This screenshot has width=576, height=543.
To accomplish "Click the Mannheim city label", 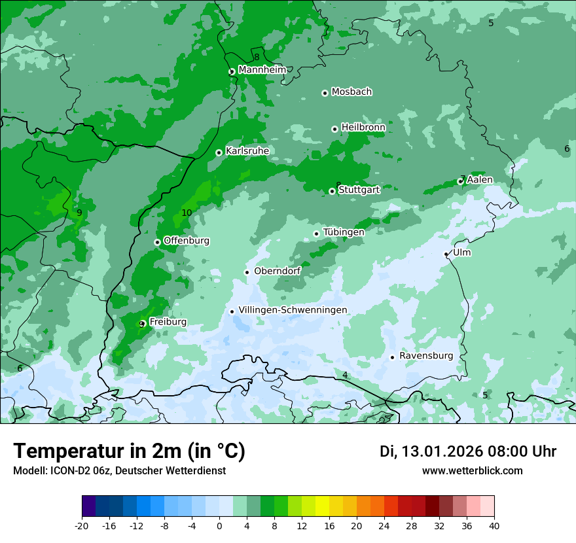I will point(262,70).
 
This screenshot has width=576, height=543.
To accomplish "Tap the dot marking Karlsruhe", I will point(219,153).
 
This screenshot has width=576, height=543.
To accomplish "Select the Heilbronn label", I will point(363,127).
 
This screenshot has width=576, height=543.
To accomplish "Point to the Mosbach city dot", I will point(325,93).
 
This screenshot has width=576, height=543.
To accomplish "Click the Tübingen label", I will point(344,232).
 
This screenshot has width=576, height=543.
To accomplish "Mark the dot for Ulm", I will point(446,254).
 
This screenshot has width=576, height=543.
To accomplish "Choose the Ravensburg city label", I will point(426,356).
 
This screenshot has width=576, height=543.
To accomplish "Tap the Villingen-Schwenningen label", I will point(293,310).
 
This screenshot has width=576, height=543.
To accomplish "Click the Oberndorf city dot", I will point(247,272).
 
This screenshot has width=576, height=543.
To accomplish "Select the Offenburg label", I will point(187,241).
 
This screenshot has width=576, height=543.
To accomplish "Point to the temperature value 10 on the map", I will point(187,213).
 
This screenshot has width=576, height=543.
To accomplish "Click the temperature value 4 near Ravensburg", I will point(345,375).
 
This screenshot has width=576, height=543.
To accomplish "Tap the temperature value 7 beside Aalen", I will point(463,178).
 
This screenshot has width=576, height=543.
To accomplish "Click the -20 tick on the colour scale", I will point(82,525).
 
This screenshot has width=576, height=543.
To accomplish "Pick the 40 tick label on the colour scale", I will point(494,525).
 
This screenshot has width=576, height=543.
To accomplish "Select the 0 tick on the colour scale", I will point(219,525).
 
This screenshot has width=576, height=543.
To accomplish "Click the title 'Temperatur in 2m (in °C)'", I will point(129,451).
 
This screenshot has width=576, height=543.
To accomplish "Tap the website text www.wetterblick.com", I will point(472,471).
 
